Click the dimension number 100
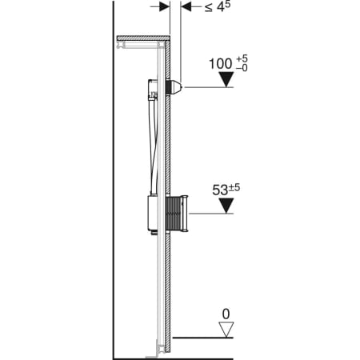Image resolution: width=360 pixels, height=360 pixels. click(x=221, y=64)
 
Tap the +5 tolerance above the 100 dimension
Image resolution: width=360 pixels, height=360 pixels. click(x=242, y=58)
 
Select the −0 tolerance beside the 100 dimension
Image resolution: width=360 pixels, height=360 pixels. click(x=242, y=68)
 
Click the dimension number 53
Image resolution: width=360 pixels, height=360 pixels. click(x=220, y=190)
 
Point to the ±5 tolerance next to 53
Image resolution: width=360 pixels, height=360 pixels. click(x=234, y=188)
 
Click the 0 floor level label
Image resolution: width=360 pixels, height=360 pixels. click(x=226, y=314)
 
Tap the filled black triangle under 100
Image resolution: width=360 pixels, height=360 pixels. click(x=226, y=79)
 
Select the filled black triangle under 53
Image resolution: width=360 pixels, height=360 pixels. click(x=226, y=206)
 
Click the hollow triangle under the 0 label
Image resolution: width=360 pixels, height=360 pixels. click(x=226, y=330)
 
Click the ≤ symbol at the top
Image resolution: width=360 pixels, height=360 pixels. click(x=209, y=8)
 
